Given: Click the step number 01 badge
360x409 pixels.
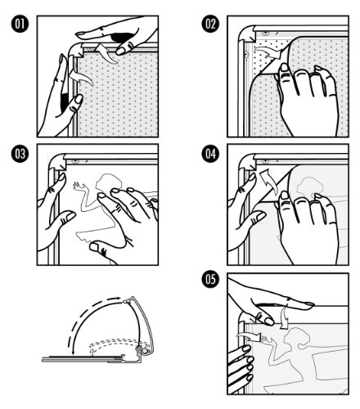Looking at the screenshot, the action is tap(20, 24).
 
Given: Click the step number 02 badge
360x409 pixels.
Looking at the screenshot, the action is tap(210, 24).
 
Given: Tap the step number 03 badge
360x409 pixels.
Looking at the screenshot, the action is tap(20, 154).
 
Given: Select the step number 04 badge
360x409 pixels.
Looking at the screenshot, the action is tap(210, 154).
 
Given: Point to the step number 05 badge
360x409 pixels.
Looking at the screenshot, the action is tap(210, 280).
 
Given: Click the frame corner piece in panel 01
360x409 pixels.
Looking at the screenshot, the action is tap(75, 50).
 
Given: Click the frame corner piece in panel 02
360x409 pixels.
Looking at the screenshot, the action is tap(247, 34).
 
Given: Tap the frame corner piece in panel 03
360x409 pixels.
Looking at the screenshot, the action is tap(56, 162).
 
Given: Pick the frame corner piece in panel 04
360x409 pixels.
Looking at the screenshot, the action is tap(247, 162).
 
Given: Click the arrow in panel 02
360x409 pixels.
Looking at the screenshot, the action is tap(268, 52).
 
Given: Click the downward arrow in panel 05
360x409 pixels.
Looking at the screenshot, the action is tap(285, 317).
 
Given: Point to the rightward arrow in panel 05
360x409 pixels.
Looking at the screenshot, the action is tap(249, 336).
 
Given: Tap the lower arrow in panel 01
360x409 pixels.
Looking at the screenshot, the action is tap(81, 78).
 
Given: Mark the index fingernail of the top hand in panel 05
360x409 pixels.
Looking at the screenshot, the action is tap(309, 303).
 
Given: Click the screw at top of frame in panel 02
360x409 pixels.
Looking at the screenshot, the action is tap(266, 34).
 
